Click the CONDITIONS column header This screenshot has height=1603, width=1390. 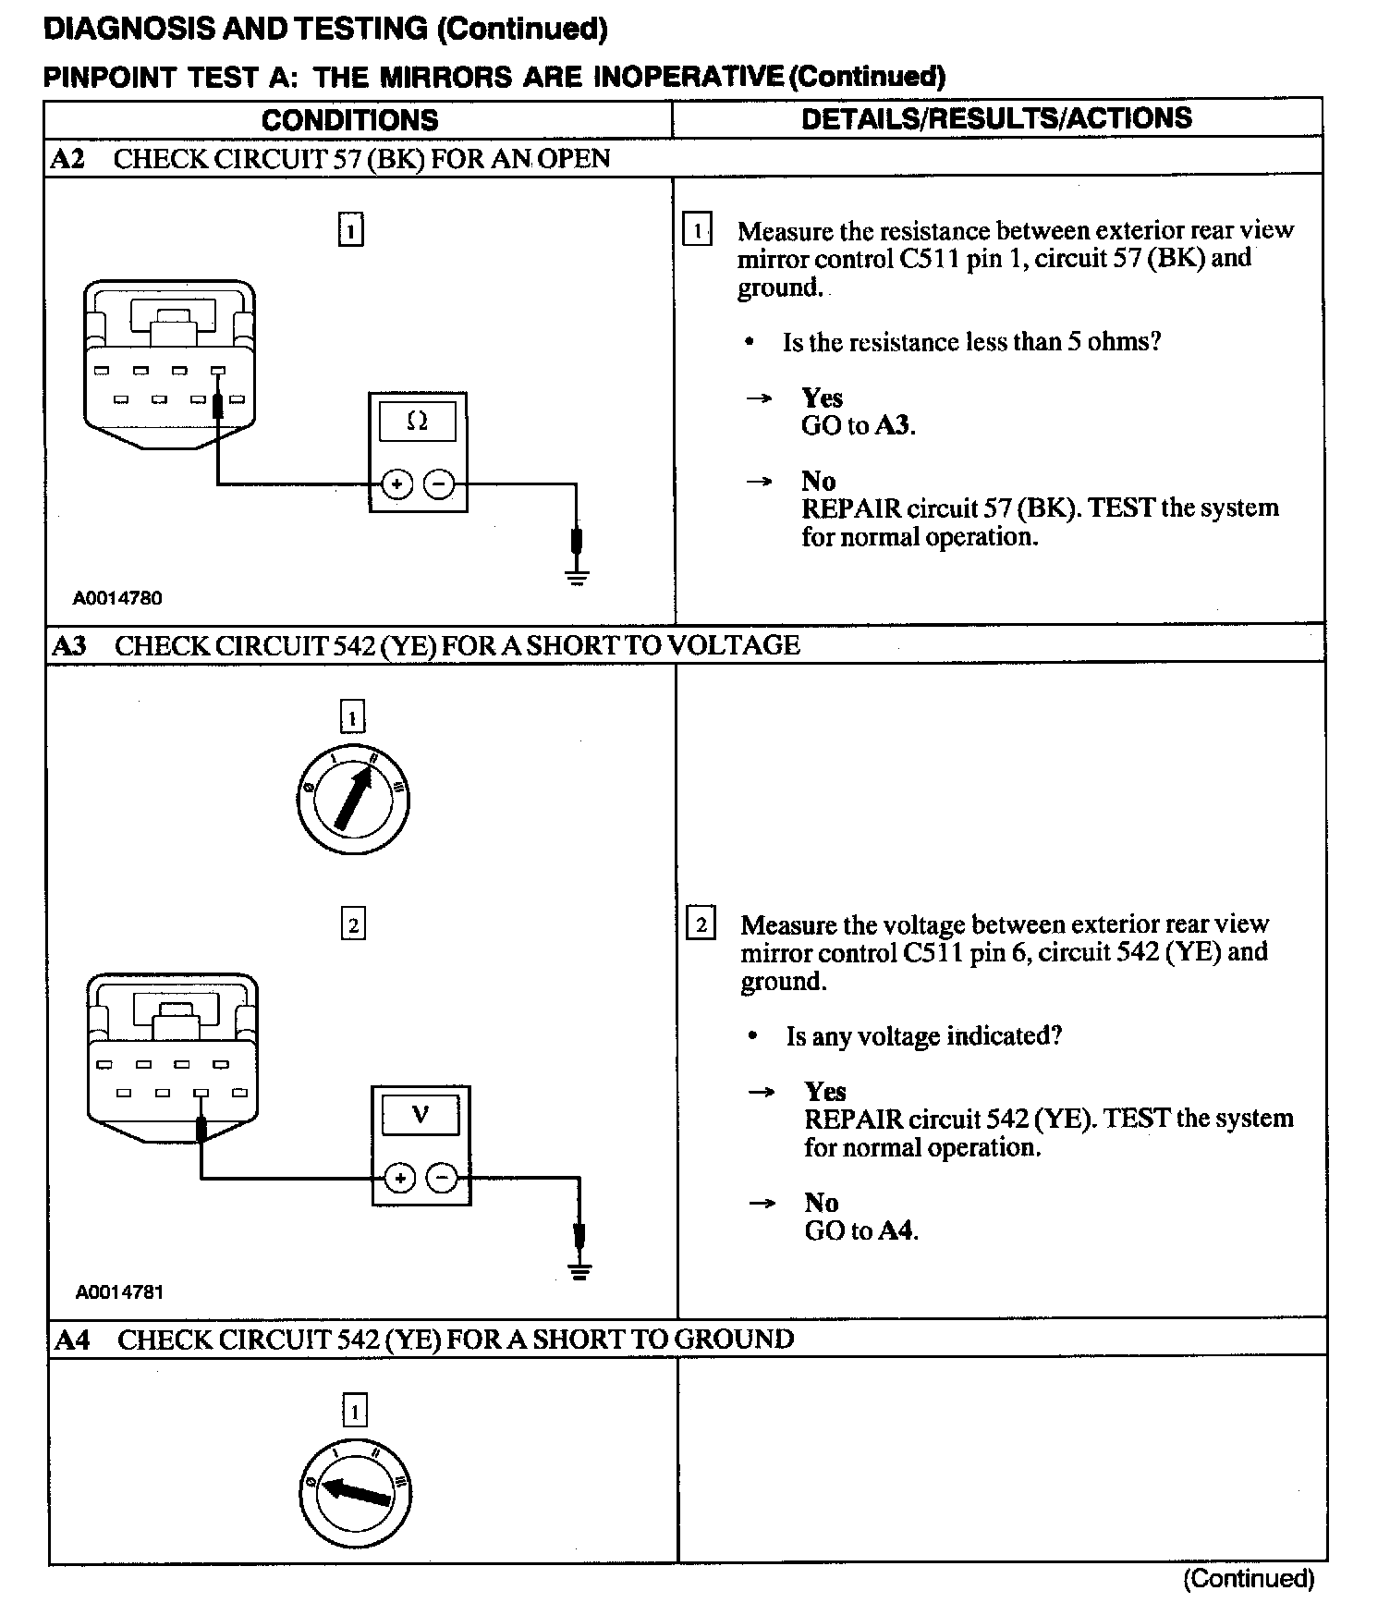[349, 119]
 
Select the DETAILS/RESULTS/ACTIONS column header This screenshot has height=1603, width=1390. [996, 118]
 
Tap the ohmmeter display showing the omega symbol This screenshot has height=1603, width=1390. [418, 422]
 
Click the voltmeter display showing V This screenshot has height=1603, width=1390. [421, 1115]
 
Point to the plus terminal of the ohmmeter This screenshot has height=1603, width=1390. [396, 483]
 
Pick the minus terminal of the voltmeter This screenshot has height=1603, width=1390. [443, 1178]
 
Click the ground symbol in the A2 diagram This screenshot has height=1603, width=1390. [577, 578]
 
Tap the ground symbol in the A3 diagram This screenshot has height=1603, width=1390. [579, 1271]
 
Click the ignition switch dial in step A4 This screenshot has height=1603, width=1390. [356, 1492]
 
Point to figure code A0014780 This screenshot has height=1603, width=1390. [117, 598]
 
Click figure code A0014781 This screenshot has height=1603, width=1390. [119, 1292]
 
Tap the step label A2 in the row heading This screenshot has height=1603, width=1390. [67, 158]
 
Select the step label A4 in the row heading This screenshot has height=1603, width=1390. [72, 1340]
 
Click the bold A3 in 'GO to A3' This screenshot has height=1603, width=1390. [893, 426]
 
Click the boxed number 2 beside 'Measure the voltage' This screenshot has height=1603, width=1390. [701, 924]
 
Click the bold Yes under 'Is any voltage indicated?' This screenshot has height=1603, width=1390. [824, 1092]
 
